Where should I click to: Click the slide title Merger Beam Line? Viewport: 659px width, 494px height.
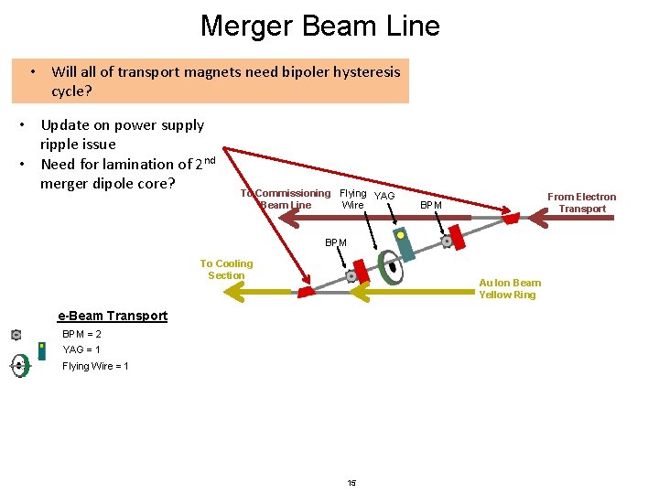pyautogui.click(x=319, y=26)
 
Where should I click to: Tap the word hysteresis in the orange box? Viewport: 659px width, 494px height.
pyautogui.click(x=362, y=71)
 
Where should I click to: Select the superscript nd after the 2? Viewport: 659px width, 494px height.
pyautogui.click(x=209, y=160)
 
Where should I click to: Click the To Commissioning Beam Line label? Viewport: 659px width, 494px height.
pyautogui.click(x=286, y=199)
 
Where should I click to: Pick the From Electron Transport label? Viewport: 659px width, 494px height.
pyautogui.click(x=581, y=202)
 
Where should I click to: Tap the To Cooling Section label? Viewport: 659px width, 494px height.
pyautogui.click(x=226, y=269)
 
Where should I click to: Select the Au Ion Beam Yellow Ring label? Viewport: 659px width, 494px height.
pyautogui.click(x=510, y=288)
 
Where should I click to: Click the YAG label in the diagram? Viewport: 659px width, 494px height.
pyautogui.click(x=385, y=196)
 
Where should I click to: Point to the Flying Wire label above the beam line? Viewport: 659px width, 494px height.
pyautogui.click(x=352, y=199)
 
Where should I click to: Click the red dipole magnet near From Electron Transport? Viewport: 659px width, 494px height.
pyautogui.click(x=511, y=219)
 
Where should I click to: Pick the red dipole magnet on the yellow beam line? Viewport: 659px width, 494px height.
pyautogui.click(x=305, y=292)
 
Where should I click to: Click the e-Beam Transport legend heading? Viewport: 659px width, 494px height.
pyautogui.click(x=113, y=316)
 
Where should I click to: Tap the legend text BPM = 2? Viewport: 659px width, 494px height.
pyautogui.click(x=81, y=334)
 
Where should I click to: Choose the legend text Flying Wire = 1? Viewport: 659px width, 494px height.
pyautogui.click(x=95, y=366)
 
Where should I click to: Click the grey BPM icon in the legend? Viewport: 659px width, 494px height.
pyautogui.click(x=16, y=335)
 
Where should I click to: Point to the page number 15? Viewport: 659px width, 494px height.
pyautogui.click(x=351, y=482)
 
